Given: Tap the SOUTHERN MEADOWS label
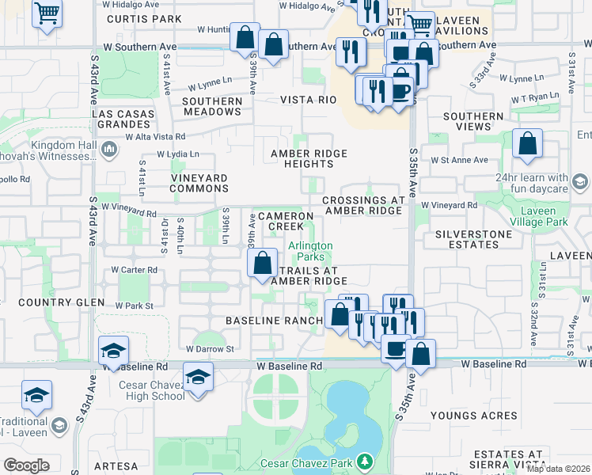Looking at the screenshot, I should click(212, 107).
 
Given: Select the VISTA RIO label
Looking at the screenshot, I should click(309, 100).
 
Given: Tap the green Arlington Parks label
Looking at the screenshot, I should click(310, 252).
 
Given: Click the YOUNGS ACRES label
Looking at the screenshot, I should click(474, 416).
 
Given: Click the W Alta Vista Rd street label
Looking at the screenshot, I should click(155, 136).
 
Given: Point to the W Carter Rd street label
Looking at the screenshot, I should click(134, 270).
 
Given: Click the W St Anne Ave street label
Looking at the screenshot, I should click(458, 160).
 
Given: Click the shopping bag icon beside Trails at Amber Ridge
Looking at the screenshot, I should click(263, 263).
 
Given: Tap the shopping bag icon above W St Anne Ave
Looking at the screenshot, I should click(527, 144).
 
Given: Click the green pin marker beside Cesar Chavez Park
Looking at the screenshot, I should click(364, 460).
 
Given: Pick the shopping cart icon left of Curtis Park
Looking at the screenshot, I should click(47, 12).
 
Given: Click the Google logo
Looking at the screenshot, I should click(26, 465).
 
